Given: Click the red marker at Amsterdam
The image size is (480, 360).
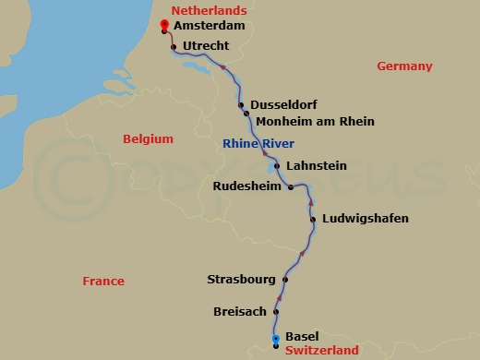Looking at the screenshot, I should (163, 26).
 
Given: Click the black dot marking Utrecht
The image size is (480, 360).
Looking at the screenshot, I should (174, 45).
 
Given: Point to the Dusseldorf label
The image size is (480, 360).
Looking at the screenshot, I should (282, 105).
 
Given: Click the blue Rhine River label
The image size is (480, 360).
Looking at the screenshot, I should (258, 143).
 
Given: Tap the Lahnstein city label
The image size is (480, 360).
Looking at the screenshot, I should (317, 166).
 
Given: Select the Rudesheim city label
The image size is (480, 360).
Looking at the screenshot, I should (247, 186).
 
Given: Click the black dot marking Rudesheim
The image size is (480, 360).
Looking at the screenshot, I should (291, 187).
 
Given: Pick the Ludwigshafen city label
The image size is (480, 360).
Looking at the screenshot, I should (365, 219).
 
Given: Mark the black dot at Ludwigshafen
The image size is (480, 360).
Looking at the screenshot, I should (314, 220).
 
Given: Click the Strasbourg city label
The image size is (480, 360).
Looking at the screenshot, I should (242, 279).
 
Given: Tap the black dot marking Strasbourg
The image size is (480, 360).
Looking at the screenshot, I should (285, 280).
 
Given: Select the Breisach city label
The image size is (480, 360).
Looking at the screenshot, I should (241, 311).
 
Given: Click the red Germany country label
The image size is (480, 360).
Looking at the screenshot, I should (404, 66).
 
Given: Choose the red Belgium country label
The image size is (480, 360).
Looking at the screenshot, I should (148, 138).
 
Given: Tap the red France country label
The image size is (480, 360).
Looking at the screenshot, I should (102, 281).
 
